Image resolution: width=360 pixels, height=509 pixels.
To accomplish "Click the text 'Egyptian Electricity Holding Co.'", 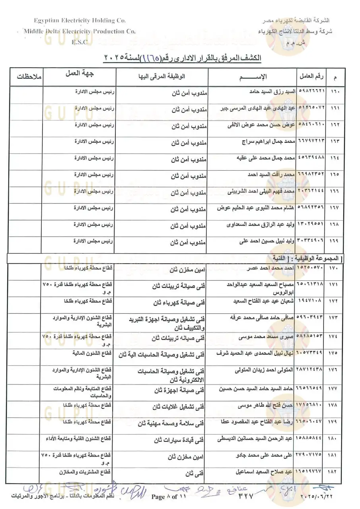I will click(80, 21).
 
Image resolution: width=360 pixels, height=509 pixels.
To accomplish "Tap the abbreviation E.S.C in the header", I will click(80, 42).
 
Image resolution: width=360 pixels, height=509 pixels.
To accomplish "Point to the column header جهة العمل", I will click(79, 74).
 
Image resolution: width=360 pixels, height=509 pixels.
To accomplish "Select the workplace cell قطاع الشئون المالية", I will click(91, 353).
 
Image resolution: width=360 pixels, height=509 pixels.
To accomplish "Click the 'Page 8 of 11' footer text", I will click(169, 497).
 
